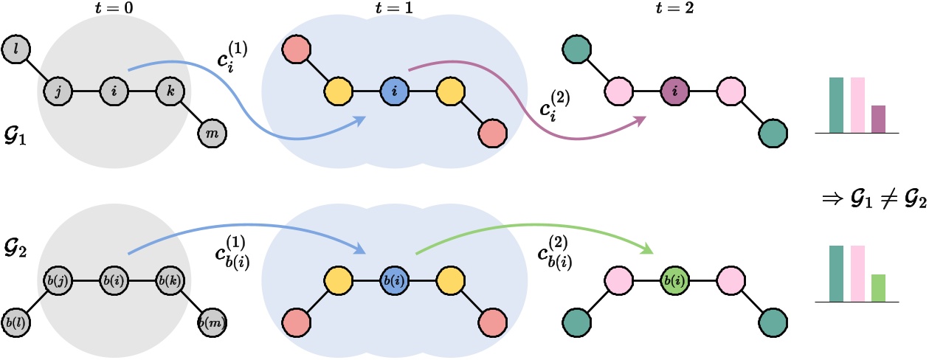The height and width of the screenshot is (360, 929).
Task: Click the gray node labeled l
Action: tap(15, 49)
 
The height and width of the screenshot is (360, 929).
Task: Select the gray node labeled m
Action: tap(213, 134)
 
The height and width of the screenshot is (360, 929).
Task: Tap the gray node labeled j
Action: tap(57, 92)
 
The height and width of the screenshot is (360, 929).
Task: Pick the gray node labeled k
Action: tap(170, 92)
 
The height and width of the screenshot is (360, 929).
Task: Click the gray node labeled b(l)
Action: tap(15, 322)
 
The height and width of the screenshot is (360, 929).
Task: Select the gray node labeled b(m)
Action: tap(213, 322)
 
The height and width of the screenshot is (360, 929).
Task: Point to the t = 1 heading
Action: tap(393, 10)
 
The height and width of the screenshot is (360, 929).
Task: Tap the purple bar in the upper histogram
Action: tap(878, 119)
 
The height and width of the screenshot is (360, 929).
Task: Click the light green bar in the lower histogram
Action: tap(878, 288)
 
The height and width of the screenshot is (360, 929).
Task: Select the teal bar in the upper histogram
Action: tap(836, 105)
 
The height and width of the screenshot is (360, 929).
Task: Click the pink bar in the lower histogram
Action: tap(857, 274)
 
